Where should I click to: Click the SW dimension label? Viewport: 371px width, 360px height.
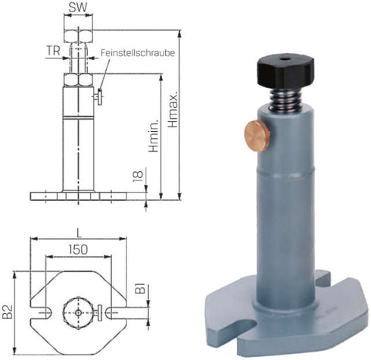point(78,8)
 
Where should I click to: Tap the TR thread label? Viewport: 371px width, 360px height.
point(54,51)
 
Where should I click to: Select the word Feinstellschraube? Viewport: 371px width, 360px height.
point(138,53)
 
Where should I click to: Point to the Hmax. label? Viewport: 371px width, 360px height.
point(173,109)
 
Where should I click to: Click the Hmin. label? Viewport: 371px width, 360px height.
point(154,136)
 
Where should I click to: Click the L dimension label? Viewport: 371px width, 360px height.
point(79,233)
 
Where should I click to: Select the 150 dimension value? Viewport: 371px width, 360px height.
point(78,249)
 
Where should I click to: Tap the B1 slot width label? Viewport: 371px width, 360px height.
point(141,289)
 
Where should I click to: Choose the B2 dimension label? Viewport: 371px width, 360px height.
point(8,311)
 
